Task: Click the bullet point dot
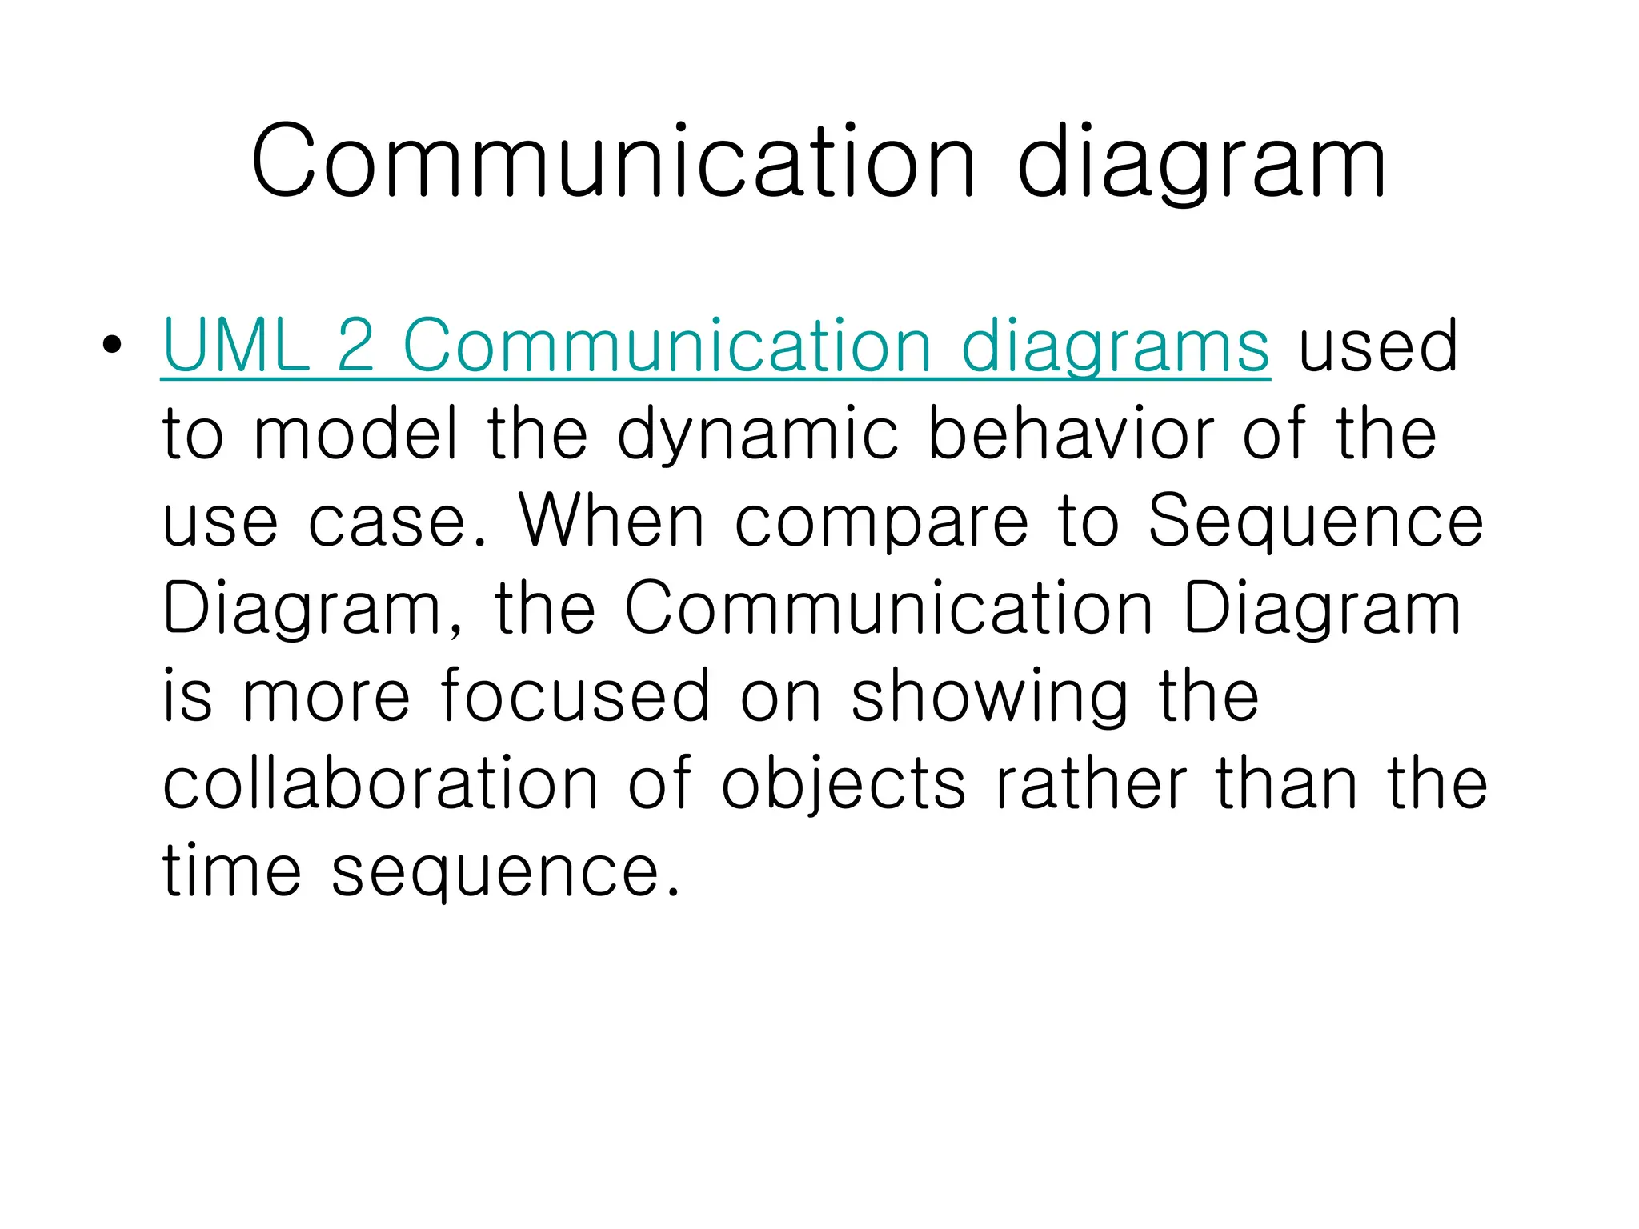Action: pyautogui.click(x=112, y=345)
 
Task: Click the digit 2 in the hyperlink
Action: pyautogui.click(x=356, y=346)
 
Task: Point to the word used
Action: pyautogui.click(x=1377, y=346)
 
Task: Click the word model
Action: pyautogui.click(x=355, y=433)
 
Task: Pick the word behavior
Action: pyautogui.click(x=1071, y=433)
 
